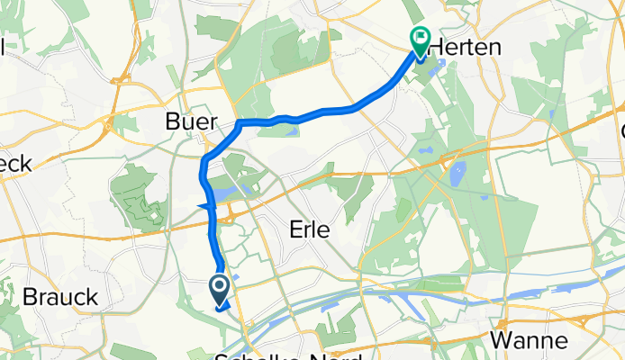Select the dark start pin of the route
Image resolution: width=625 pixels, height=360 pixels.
pyautogui.click(x=220, y=288)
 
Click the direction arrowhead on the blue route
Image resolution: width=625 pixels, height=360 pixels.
pyautogui.click(x=202, y=209)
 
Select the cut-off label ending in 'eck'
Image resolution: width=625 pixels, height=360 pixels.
pyautogui.click(x=15, y=163)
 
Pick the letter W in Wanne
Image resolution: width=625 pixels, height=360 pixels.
pyautogui.click(x=502, y=341)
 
